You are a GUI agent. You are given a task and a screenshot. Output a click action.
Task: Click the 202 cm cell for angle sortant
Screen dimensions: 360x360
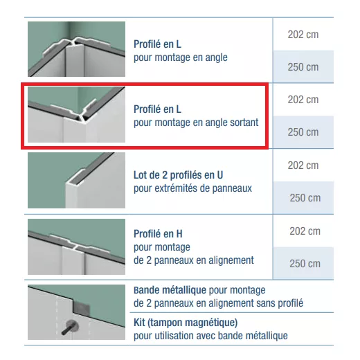pyautogui.click(x=303, y=100)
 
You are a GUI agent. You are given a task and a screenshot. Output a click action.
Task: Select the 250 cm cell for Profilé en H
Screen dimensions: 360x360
pyautogui.click(x=303, y=263)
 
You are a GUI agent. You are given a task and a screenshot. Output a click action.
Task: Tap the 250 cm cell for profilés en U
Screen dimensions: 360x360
pyautogui.click(x=303, y=198)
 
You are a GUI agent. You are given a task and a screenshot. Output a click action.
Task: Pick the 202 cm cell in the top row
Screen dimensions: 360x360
pyautogui.click(x=303, y=35)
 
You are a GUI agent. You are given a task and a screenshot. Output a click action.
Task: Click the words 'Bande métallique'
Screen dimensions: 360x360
pyautogui.click(x=170, y=290)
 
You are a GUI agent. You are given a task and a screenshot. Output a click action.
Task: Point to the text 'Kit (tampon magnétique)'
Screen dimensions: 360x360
pyautogui.click(x=186, y=323)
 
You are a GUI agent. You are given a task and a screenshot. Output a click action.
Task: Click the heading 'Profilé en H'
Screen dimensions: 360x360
pyautogui.click(x=158, y=234)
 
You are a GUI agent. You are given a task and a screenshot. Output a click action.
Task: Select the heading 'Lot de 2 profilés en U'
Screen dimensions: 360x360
pyautogui.click(x=178, y=175)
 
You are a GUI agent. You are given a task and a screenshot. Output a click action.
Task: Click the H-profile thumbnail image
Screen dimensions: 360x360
pyautogui.click(x=76, y=246)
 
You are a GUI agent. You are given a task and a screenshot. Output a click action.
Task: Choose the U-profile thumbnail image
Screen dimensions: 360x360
pyautogui.click(x=76, y=180)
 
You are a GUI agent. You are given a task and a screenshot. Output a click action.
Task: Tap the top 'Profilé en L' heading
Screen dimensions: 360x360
pyautogui.click(x=157, y=44)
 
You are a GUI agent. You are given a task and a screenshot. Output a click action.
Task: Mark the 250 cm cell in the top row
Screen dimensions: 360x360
pyautogui.click(x=303, y=67)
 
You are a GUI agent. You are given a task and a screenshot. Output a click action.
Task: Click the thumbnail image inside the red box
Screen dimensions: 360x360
pyautogui.click(x=76, y=114)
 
